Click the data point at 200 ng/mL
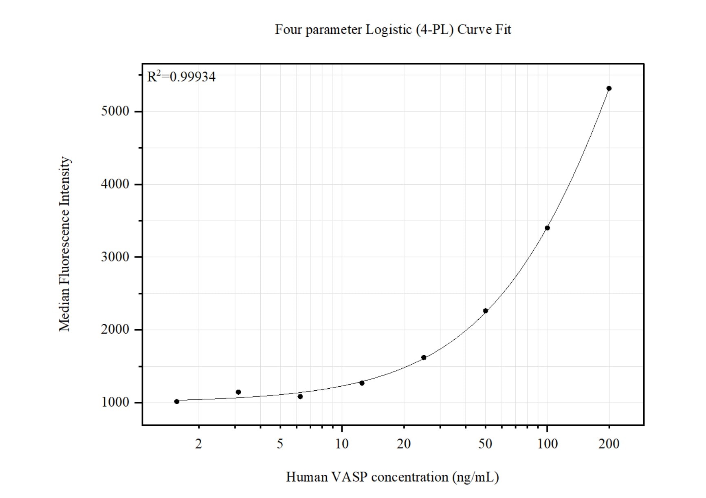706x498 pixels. [x=609, y=89]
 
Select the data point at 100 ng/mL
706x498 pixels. [x=547, y=228]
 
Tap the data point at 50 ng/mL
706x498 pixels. [x=485, y=311]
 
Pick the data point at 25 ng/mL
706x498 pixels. [x=424, y=358]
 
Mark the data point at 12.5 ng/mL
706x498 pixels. [x=362, y=383]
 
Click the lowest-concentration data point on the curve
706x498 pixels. [x=177, y=402]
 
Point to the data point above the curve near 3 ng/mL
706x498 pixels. [x=238, y=392]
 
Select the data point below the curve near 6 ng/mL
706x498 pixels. [x=300, y=396]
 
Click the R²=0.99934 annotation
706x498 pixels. [x=181, y=77]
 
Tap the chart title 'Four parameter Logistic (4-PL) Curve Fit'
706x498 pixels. [x=393, y=30]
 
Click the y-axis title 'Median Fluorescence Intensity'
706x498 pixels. [x=65, y=244]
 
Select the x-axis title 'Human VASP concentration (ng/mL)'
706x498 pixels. [x=392, y=477]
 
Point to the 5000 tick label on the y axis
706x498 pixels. [x=115, y=111]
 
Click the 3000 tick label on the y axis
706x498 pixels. [x=115, y=257]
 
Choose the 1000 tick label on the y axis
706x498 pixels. [x=115, y=403]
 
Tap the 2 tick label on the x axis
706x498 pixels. [x=198, y=444]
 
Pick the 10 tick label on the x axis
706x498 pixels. [x=342, y=444]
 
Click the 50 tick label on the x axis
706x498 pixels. [x=485, y=444]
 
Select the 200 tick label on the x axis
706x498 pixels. [x=609, y=444]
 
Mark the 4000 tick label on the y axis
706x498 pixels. [x=115, y=184]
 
